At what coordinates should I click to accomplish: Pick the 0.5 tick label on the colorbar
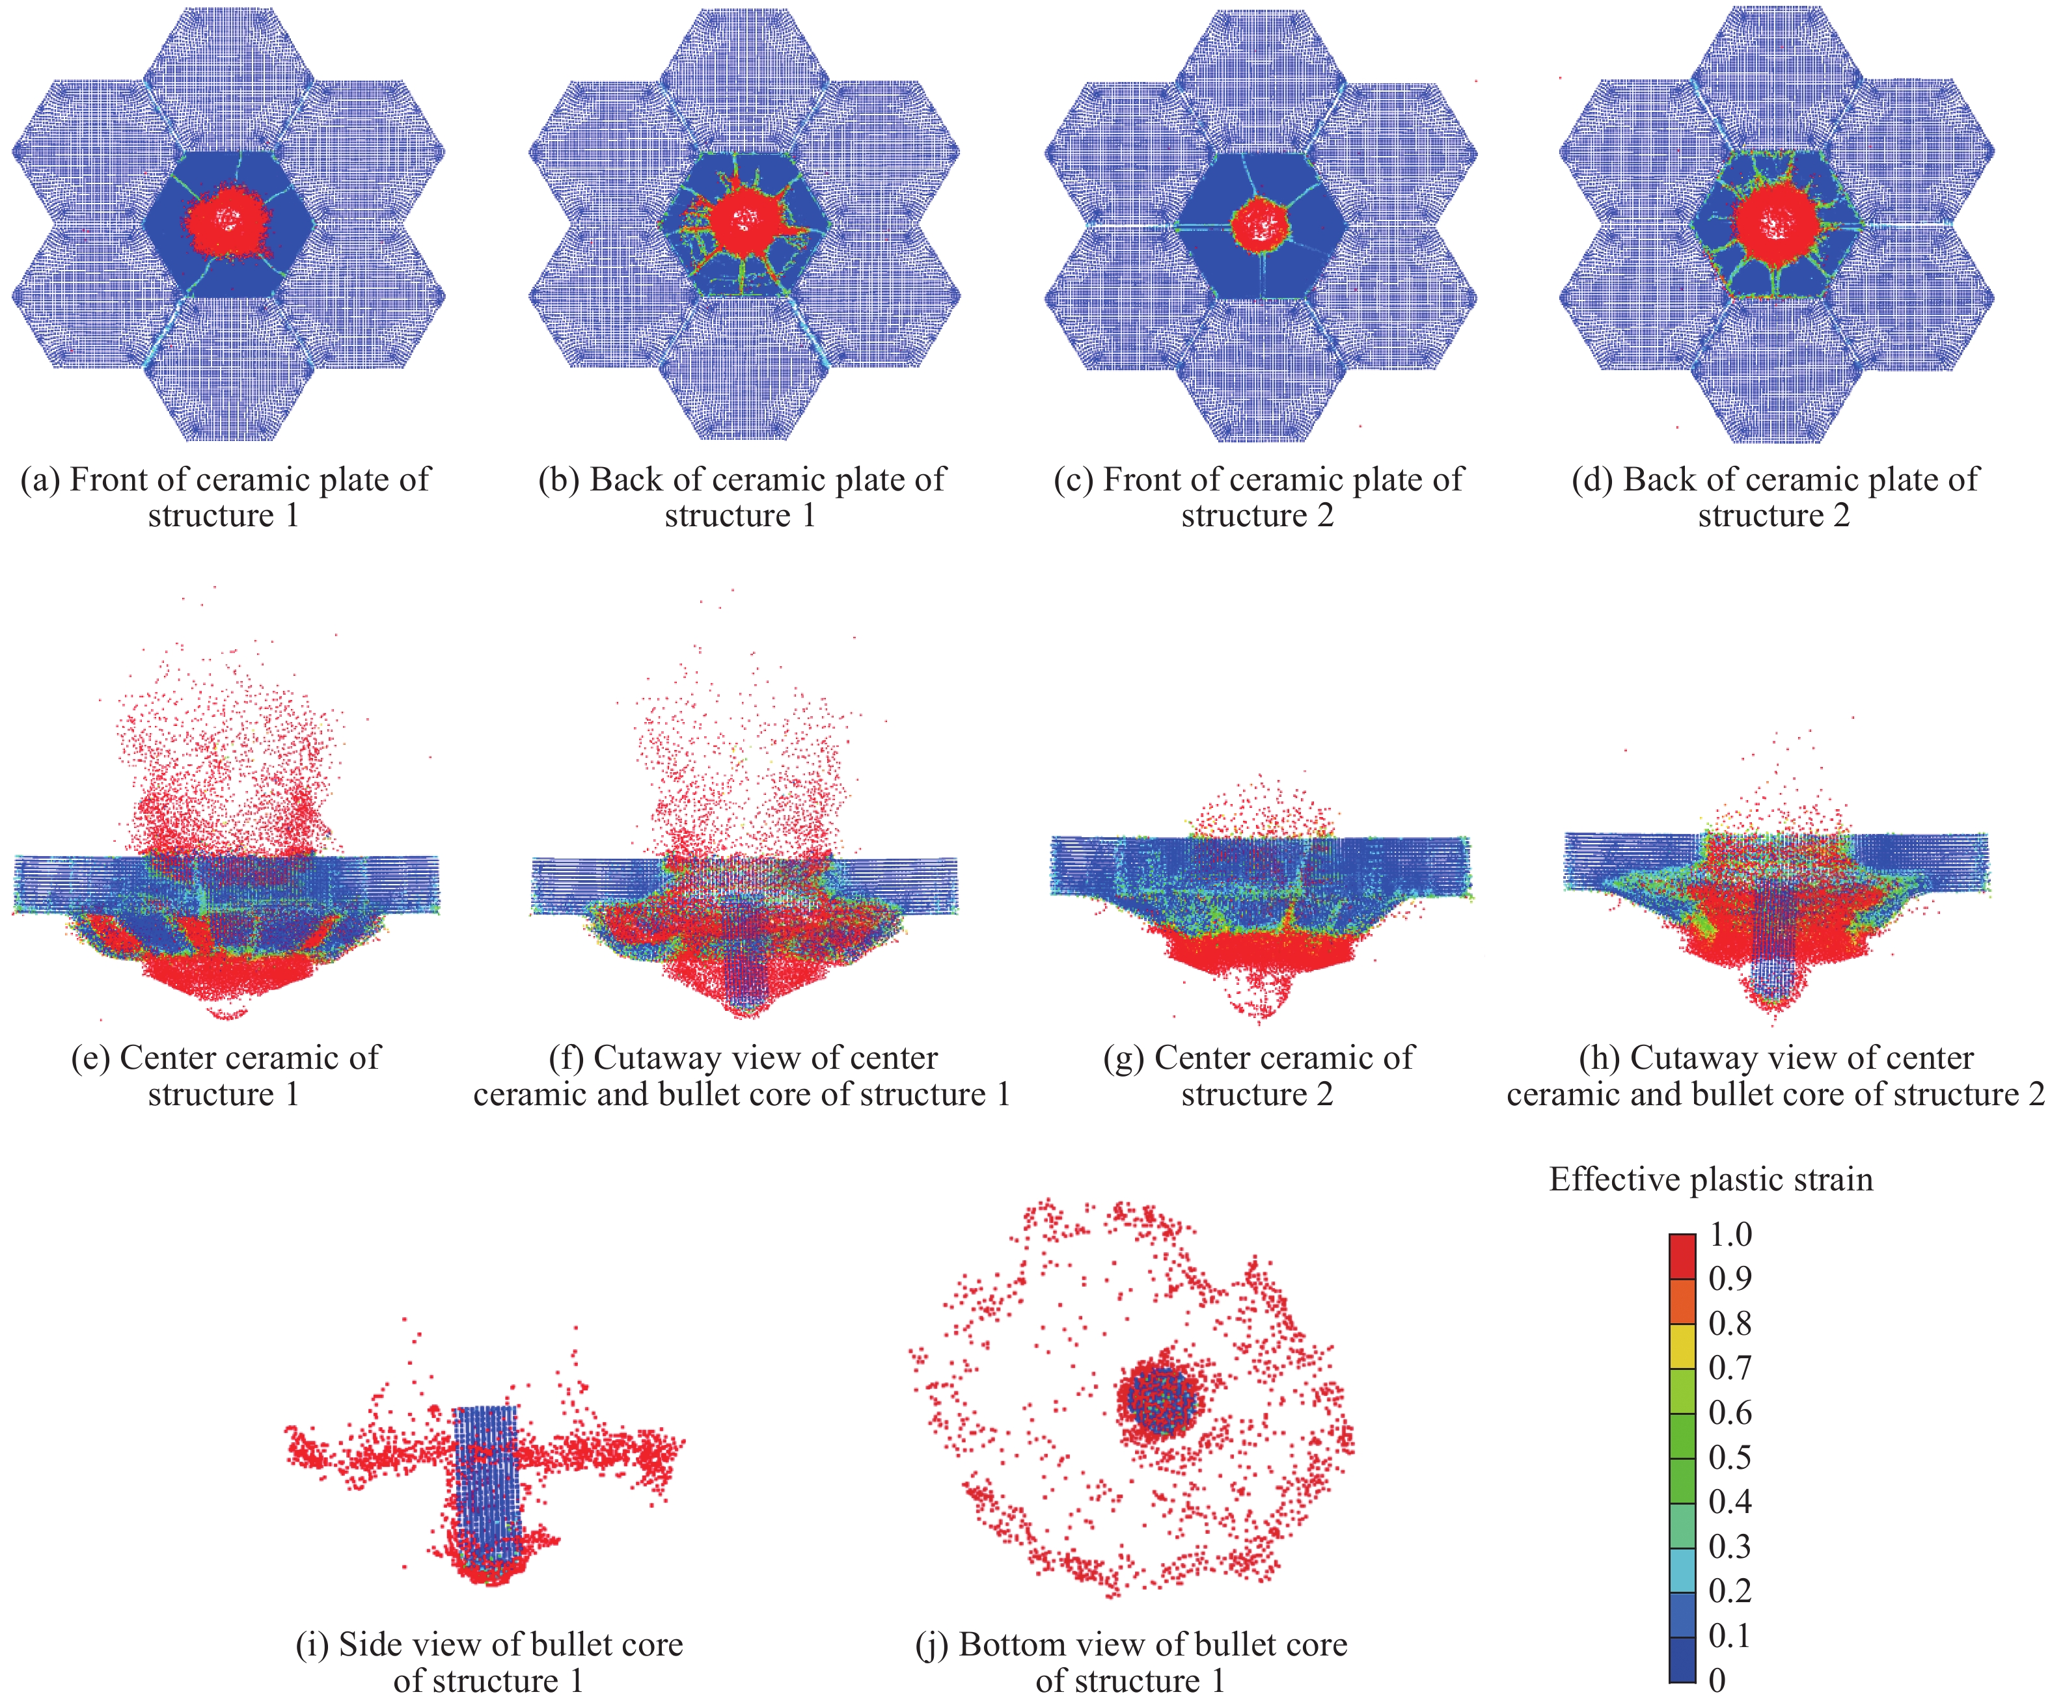pos(1730,1457)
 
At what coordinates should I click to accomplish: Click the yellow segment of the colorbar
pos(1682,1347)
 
